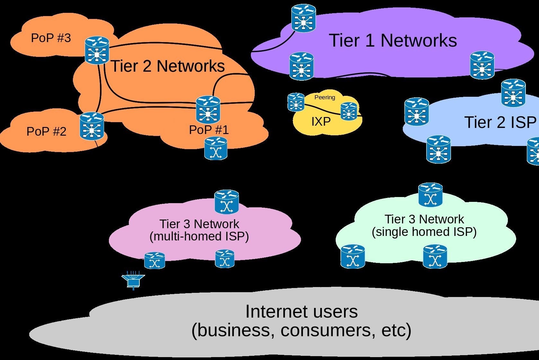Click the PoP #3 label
point(51,38)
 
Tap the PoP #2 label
point(46,131)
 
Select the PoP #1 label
point(209,130)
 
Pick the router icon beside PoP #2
point(92,126)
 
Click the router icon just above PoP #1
point(208,110)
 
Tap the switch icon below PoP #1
point(216,148)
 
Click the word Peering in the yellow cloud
point(324,97)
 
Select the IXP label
point(321,122)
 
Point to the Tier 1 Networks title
point(393,40)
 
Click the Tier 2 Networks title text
point(167,66)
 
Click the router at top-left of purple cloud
point(304,18)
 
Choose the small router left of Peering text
point(296,102)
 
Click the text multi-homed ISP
point(199,237)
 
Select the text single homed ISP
point(424,232)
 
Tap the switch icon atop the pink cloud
point(226,202)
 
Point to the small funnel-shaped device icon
point(133,280)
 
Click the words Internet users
point(301,311)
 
